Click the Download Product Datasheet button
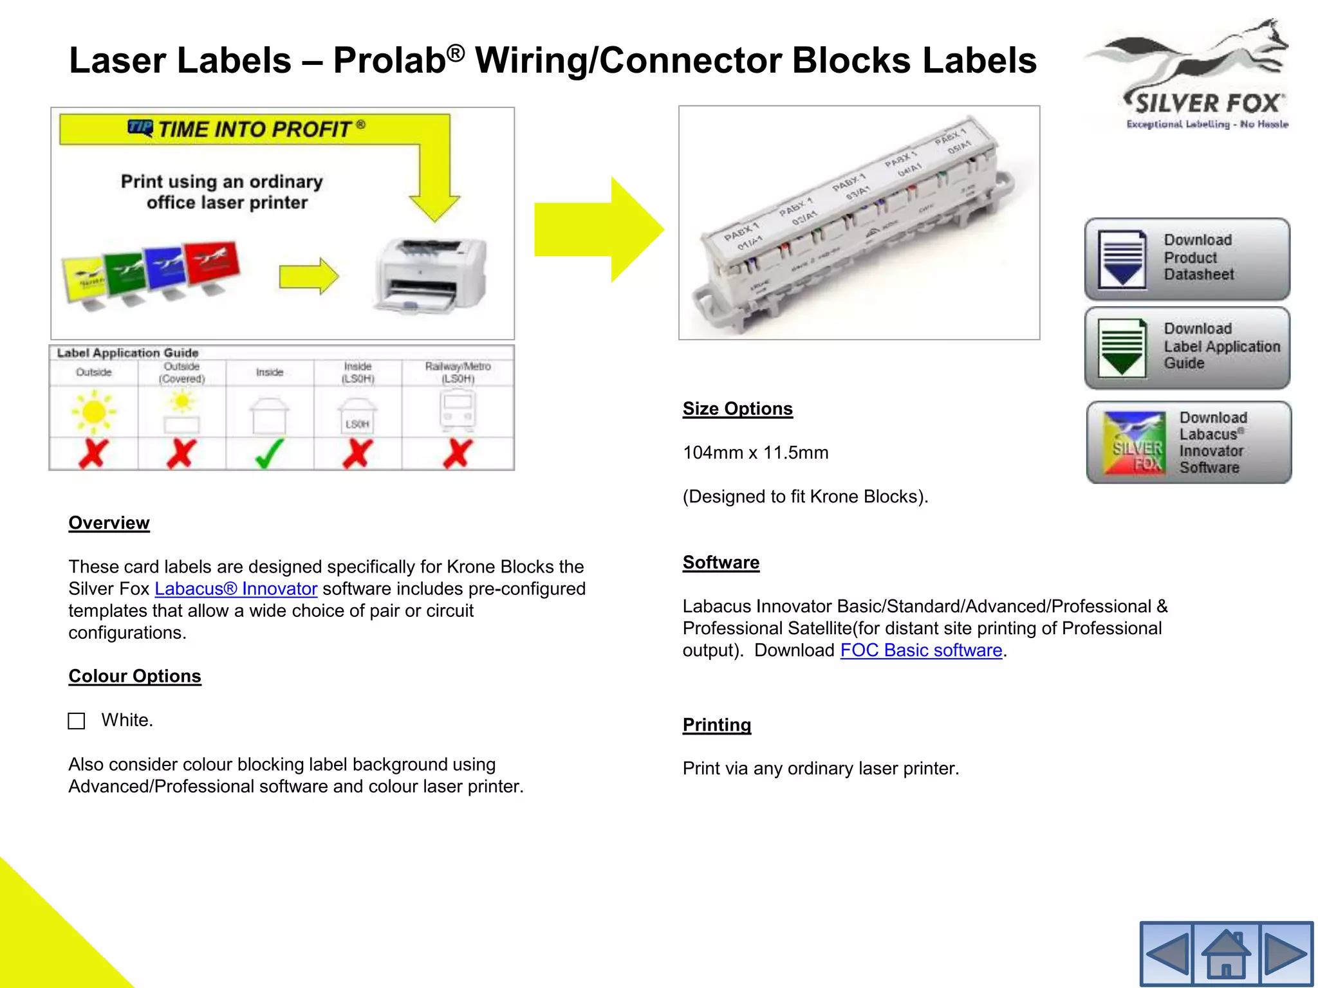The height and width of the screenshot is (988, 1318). [1187, 259]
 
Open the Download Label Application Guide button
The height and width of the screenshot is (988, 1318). [1187, 347]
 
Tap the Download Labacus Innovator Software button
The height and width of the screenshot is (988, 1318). [1189, 443]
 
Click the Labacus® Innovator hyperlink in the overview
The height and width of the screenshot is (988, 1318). [236, 589]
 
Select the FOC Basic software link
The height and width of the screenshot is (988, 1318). [921, 650]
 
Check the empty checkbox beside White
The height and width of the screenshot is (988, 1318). [77, 720]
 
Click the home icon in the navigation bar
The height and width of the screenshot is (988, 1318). [1226, 955]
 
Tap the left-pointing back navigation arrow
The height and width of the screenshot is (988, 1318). [1167, 955]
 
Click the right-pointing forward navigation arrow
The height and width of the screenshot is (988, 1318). [1285, 955]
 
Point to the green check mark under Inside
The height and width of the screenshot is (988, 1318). [269, 453]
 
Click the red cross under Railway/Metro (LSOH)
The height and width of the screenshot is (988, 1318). [458, 453]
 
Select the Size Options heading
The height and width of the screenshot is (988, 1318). [738, 408]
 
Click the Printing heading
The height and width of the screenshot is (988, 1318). [716, 725]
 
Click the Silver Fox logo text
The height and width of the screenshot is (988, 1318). [1207, 104]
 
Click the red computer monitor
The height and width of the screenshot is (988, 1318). [212, 264]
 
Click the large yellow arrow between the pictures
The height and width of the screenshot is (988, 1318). [599, 230]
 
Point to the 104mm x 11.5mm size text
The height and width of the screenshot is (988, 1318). [756, 453]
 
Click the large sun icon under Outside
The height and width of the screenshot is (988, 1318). [94, 412]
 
